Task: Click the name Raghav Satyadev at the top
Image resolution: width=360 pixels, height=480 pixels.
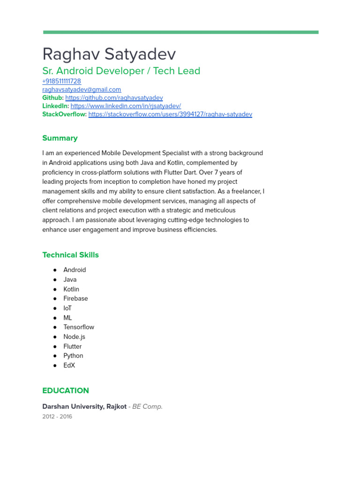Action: (x=109, y=54)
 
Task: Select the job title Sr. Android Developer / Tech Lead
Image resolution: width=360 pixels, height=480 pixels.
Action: (x=121, y=71)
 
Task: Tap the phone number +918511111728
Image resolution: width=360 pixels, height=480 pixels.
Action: (x=61, y=81)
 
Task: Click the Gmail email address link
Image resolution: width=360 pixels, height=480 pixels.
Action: (x=82, y=90)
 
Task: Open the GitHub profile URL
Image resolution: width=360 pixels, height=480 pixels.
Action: (x=114, y=98)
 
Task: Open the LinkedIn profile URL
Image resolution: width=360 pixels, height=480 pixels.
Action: (x=126, y=106)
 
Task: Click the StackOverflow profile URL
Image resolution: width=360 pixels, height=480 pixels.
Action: (x=170, y=114)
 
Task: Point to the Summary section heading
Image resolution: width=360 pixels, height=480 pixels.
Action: (x=60, y=138)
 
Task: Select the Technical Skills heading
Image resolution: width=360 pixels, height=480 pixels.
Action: (x=70, y=255)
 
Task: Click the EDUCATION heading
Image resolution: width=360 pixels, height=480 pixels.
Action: (x=66, y=390)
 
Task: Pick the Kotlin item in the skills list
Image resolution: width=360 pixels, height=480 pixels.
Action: (x=71, y=289)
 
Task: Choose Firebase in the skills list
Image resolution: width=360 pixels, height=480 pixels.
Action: (x=75, y=299)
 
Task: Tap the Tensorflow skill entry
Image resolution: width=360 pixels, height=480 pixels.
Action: (x=79, y=327)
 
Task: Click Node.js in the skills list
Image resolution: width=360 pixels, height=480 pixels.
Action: (x=74, y=337)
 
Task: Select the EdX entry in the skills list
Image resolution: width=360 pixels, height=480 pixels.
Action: (x=69, y=365)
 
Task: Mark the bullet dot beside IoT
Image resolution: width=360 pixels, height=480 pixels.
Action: (x=55, y=308)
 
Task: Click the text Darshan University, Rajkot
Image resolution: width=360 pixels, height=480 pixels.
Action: (x=84, y=406)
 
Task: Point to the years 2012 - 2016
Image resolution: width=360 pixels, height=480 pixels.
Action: (x=57, y=416)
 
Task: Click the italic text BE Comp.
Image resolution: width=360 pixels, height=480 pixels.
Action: (x=147, y=406)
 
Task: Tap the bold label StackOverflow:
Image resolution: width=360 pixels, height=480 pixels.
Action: (x=64, y=114)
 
